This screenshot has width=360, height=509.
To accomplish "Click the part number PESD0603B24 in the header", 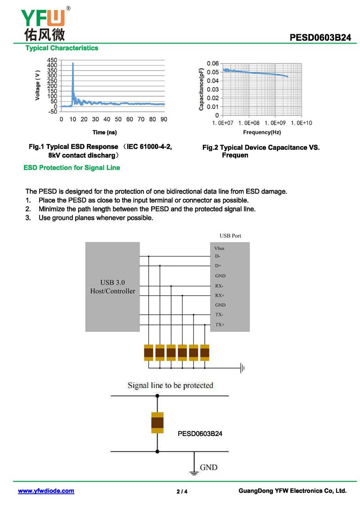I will click(320, 38).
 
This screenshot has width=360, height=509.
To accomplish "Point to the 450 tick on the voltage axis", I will click(52, 60).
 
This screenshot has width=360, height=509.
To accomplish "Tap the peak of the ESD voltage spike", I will click(73, 63).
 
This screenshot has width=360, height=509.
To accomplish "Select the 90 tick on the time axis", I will click(164, 119).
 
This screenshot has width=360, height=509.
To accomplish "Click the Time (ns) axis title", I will click(104, 132).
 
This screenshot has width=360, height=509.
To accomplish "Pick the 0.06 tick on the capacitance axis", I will click(213, 63).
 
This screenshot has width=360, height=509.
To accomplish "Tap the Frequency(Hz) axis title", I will click(262, 132).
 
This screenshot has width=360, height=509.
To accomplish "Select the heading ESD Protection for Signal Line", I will click(72, 167).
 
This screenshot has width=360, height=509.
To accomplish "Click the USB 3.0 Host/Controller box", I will click(112, 287).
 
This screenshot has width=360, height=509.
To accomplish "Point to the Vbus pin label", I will click(220, 248).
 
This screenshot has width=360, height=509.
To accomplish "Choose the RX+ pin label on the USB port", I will click(220, 296).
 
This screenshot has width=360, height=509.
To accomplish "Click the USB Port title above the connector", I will click(230, 236).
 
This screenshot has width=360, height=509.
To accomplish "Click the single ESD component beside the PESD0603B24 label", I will click(157, 423).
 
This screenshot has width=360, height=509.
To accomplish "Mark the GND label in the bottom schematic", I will click(208, 467).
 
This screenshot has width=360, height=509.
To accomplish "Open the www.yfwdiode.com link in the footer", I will click(46, 491).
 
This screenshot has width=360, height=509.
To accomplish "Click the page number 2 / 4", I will click(182, 491).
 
